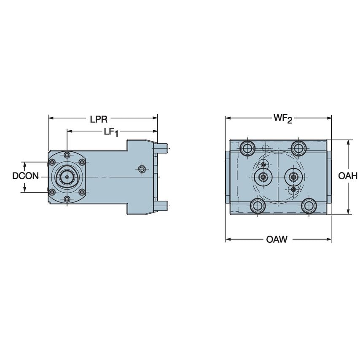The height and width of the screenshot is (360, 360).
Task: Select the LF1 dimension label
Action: (111, 132)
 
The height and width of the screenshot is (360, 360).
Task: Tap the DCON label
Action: (25, 177)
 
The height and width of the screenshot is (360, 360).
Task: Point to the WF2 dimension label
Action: (282, 119)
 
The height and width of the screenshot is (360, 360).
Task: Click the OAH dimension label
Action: (348, 177)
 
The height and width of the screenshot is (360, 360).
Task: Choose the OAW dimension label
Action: (277, 240)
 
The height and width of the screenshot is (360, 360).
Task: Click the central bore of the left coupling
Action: (67, 177)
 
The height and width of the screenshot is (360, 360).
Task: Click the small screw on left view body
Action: (142, 169)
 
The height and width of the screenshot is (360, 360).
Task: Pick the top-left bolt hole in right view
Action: (247, 148)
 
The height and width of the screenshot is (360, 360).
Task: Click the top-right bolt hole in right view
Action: (298, 148)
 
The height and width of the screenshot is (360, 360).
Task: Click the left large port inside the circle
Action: (263, 177)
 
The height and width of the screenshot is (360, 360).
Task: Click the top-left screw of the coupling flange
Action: (52, 162)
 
